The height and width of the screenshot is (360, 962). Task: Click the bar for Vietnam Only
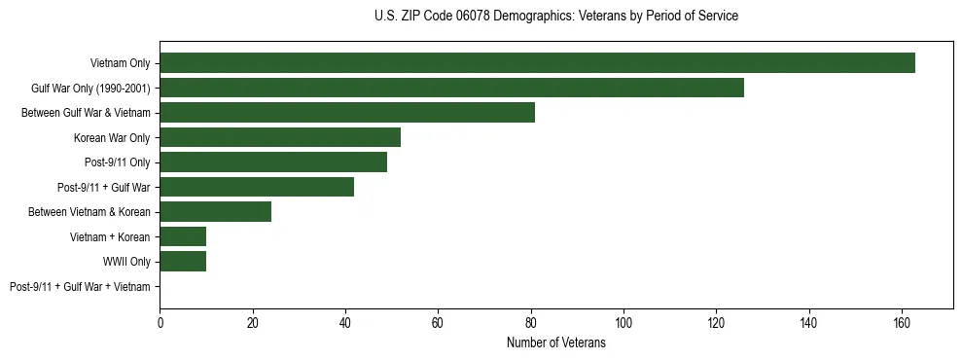point(537,63)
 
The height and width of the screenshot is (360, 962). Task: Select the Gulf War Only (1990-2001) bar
point(451,88)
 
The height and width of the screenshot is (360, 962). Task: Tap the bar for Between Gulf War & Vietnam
point(347,113)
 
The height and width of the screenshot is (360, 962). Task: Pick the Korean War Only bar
point(280,137)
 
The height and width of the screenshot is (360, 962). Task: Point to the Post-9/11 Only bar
point(273,162)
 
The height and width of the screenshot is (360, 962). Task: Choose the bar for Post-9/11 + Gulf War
point(257,187)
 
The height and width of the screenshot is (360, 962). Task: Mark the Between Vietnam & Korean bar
point(215,212)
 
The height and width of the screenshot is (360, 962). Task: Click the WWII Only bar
point(183,262)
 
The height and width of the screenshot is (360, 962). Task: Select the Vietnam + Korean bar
point(183,236)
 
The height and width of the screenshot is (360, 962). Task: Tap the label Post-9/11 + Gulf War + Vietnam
point(80,287)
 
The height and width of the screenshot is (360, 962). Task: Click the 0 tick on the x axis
point(160,324)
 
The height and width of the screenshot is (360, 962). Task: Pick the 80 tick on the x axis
point(531,324)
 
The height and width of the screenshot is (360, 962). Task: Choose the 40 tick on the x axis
point(345,324)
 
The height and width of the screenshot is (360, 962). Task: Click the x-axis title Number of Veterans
point(555,343)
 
